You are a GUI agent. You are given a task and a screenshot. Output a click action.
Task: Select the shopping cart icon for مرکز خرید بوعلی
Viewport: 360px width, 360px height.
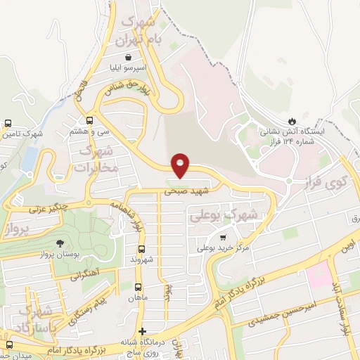pos(224,238)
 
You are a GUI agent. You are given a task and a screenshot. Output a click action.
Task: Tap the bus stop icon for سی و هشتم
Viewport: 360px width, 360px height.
pos(89,121)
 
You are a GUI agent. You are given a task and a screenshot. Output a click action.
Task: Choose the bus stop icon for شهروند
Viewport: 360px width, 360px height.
pos(141,250)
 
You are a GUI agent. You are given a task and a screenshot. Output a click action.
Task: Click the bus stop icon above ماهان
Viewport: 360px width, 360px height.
pos(138,287)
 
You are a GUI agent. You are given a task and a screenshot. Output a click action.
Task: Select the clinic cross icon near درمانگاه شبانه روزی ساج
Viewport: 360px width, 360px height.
pos(142,331)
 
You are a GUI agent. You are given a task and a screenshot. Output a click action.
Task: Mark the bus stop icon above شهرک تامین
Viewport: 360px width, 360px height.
pos(8,123)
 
